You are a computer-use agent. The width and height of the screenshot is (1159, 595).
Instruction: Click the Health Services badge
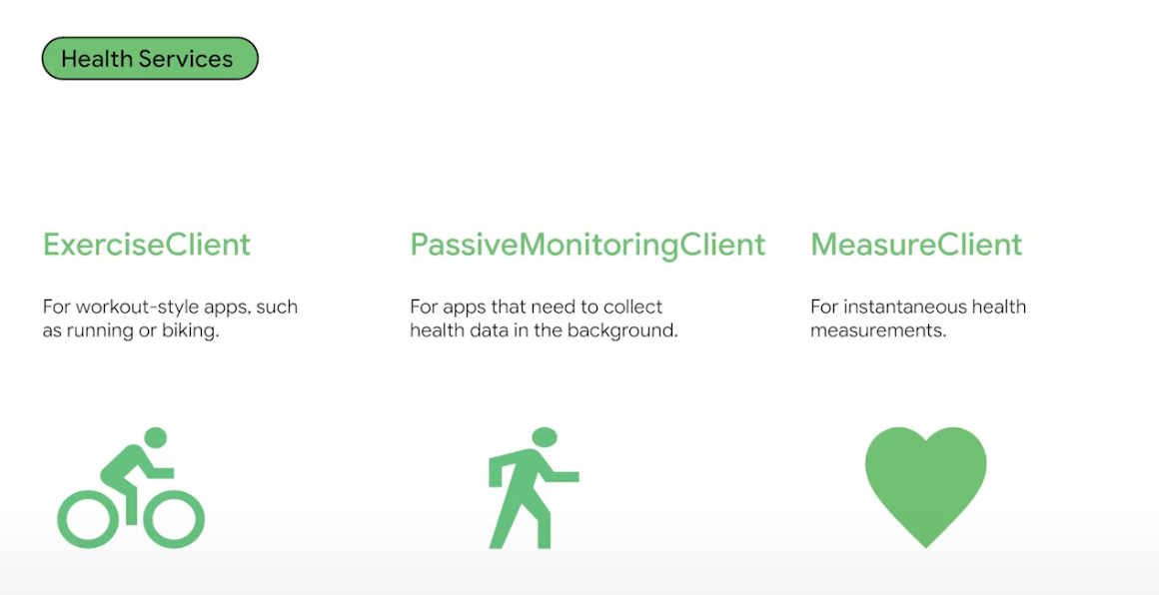pos(150,58)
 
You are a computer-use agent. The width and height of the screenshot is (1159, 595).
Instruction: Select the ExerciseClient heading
pos(146,245)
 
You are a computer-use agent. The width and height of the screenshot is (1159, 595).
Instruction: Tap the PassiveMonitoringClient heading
pos(587,246)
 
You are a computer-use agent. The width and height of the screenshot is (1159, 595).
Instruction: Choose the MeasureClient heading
pos(916,245)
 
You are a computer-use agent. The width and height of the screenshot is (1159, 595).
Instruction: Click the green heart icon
pos(925,486)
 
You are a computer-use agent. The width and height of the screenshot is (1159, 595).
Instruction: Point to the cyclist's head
pos(156,437)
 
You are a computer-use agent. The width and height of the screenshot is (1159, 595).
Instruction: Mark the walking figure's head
pos(544,437)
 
